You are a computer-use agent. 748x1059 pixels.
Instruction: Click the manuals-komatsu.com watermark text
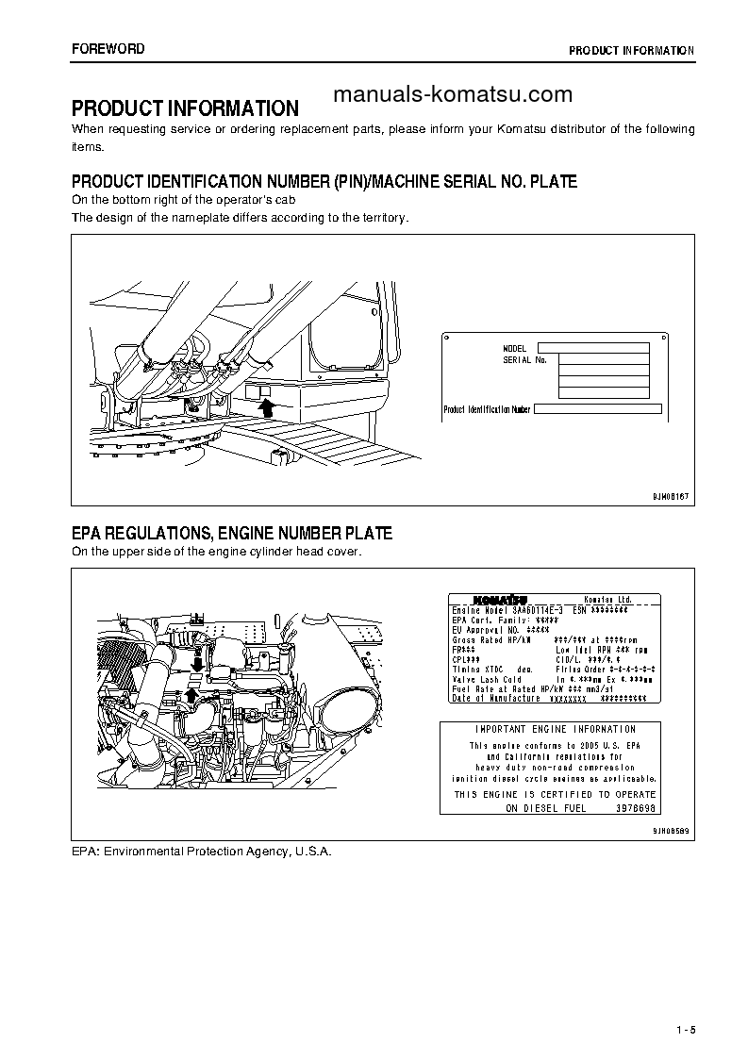point(454,94)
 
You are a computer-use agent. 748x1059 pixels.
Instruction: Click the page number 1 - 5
point(685,1029)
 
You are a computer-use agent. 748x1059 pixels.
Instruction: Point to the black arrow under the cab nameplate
point(267,406)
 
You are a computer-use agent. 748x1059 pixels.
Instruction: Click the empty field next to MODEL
point(593,348)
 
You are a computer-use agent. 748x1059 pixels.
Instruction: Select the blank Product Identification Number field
point(597,409)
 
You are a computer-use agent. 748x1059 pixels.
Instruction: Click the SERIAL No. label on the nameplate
point(525,360)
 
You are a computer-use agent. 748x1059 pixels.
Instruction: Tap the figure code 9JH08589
point(672,831)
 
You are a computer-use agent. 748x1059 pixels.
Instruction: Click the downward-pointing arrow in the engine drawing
point(196,664)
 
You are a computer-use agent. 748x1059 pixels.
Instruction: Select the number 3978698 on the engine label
point(636,808)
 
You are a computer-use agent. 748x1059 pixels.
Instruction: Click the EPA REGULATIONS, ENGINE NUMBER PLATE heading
point(232,534)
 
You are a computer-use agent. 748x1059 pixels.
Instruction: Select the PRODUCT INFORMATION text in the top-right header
point(631,50)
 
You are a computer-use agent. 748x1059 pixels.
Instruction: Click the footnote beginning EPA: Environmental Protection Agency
point(202,851)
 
